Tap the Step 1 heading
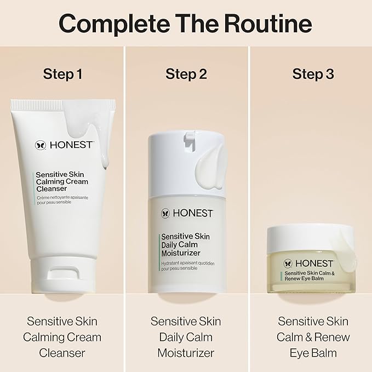(62, 74)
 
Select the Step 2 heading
(186, 74)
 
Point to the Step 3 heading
(313, 74)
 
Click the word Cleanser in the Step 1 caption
(62, 353)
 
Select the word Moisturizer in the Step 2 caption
(186, 353)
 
